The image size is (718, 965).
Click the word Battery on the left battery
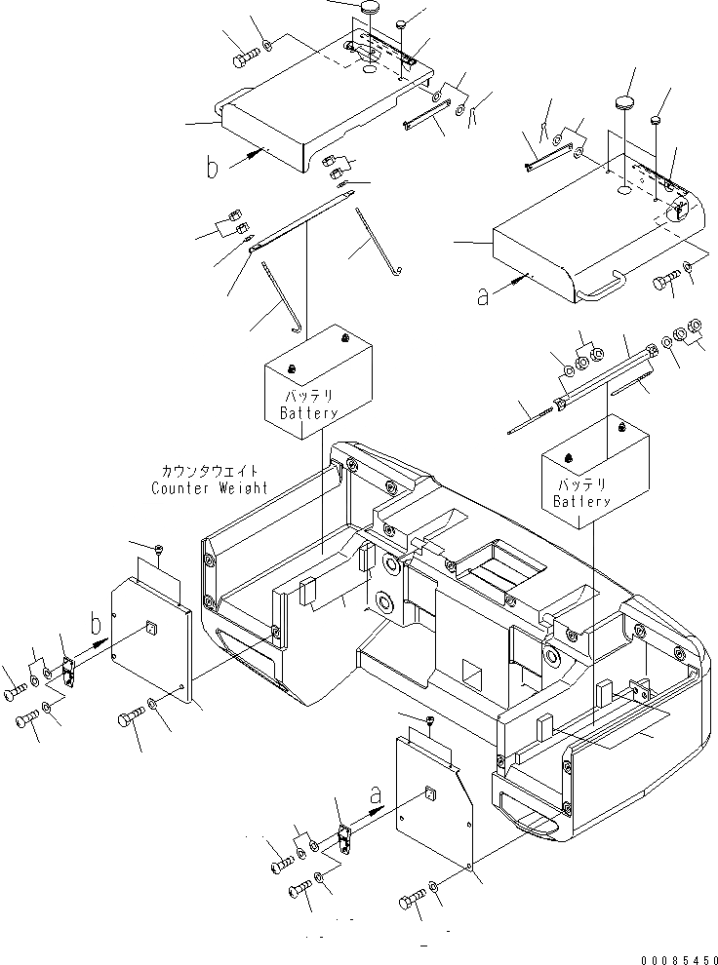point(309,413)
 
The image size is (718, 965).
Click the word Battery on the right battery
point(581,501)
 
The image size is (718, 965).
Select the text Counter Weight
point(209,487)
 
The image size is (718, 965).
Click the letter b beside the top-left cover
point(213,167)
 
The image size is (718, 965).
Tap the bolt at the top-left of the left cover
point(243,59)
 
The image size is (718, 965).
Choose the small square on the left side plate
point(151,626)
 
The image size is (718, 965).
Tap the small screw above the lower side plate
point(431,719)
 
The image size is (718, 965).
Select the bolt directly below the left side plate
point(128,720)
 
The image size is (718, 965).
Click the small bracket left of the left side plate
point(66,672)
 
